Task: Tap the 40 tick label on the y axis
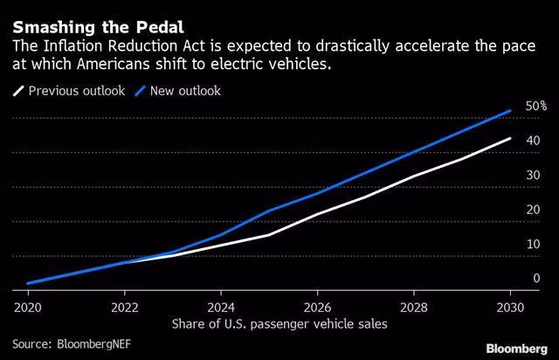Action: (532, 141)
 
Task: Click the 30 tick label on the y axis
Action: (532, 175)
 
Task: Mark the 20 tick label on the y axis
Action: (532, 209)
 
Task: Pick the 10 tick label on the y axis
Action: (532, 244)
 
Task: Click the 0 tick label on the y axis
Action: (535, 278)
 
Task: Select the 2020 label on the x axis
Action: (28, 308)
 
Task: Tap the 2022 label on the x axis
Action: (124, 308)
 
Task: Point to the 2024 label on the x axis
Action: (221, 308)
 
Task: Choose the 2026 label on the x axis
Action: (318, 308)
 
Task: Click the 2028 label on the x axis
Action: (414, 308)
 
